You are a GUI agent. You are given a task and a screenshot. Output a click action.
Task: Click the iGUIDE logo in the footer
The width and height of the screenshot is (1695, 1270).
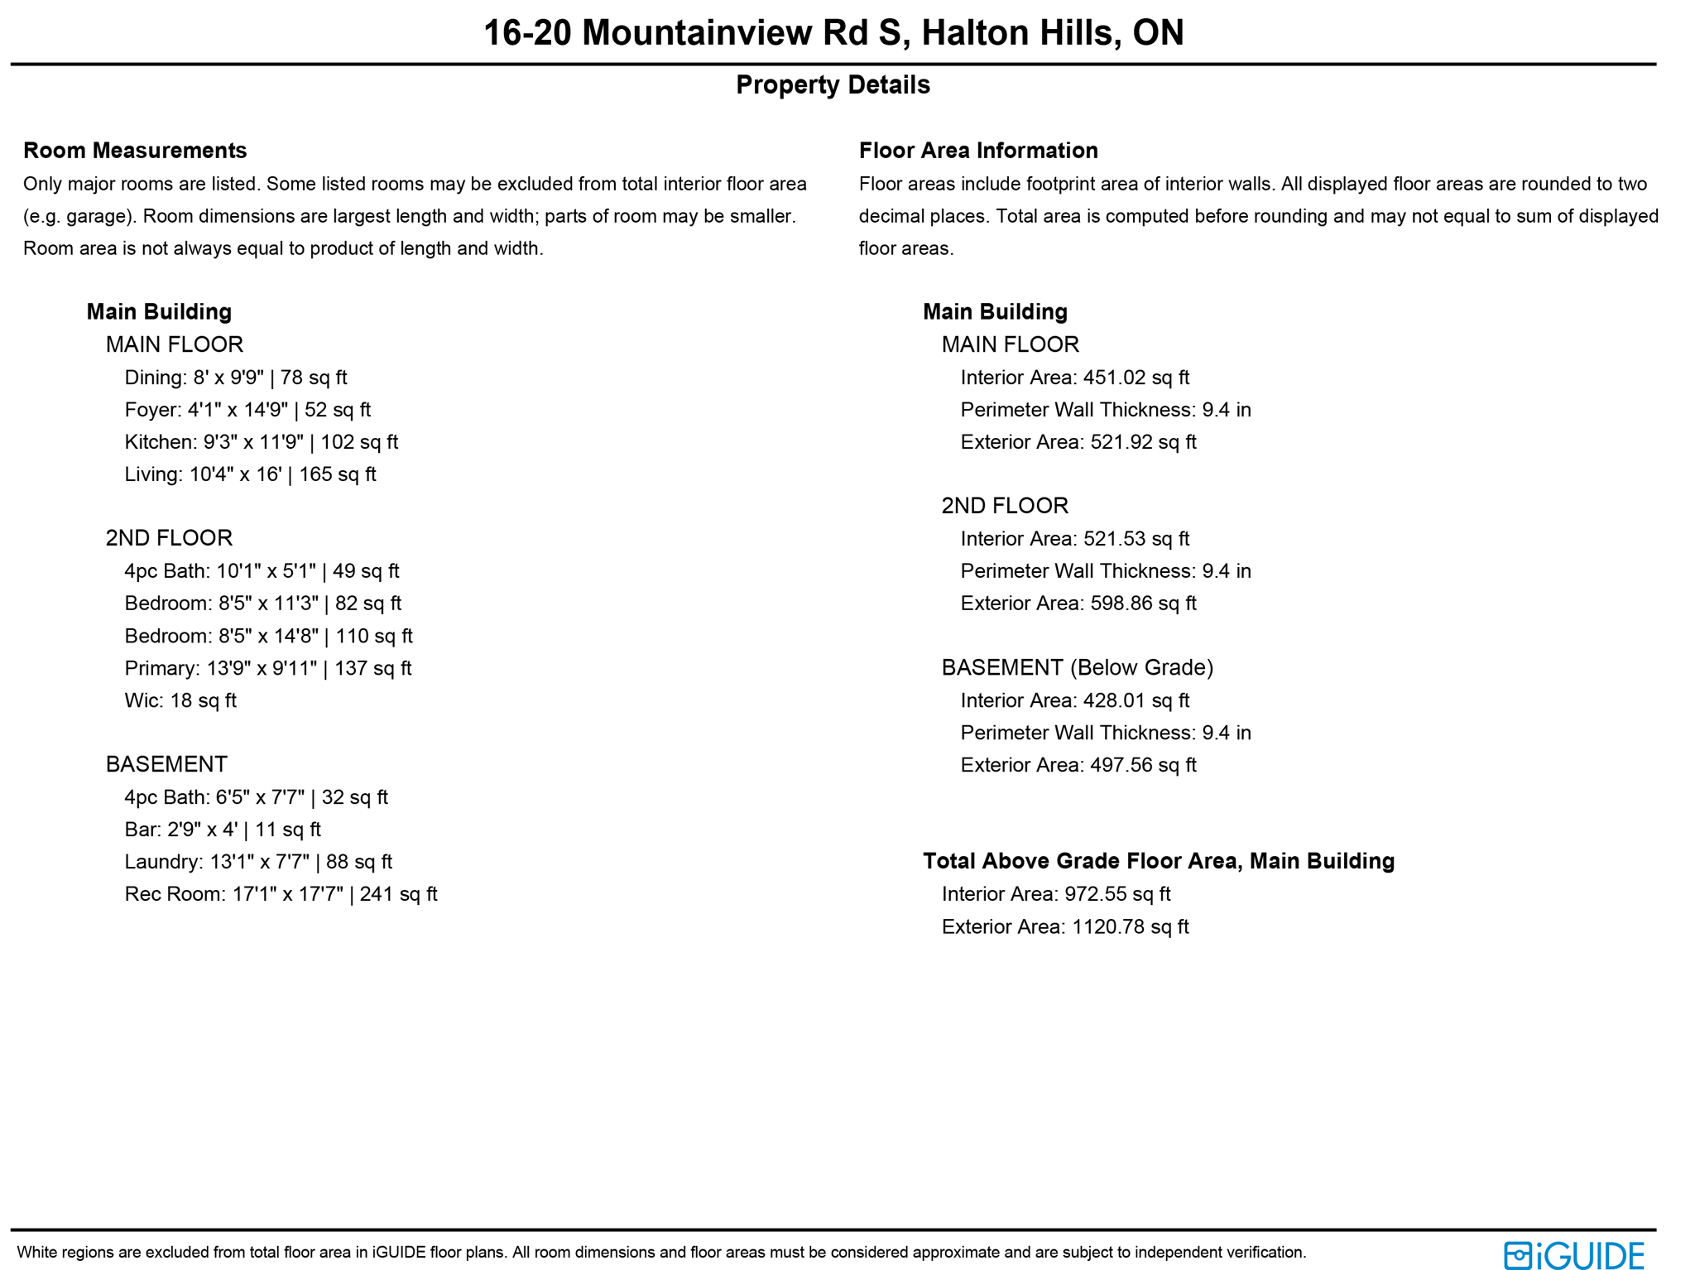tap(1573, 1255)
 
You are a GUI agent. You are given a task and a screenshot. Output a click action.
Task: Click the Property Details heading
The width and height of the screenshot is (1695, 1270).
tap(833, 84)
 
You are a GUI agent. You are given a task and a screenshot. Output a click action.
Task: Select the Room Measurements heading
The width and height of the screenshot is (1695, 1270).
tap(135, 150)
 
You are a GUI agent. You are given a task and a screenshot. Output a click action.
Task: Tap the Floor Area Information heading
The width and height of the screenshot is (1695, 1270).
tap(978, 150)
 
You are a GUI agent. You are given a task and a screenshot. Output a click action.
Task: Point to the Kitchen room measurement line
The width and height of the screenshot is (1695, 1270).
tap(261, 442)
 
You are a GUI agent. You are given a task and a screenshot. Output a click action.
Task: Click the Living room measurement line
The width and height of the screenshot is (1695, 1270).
tap(250, 474)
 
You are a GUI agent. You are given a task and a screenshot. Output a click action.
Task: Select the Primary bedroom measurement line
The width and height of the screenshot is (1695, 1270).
tap(267, 668)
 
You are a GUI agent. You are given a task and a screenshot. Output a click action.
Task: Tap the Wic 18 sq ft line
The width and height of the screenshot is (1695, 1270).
tap(180, 700)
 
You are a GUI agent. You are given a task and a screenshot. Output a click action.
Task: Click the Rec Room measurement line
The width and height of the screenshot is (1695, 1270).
tap(281, 894)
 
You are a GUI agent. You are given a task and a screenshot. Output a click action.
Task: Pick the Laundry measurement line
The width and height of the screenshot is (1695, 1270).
tap(258, 862)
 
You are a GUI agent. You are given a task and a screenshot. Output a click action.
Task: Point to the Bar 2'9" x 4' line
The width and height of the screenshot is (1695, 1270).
tap(223, 830)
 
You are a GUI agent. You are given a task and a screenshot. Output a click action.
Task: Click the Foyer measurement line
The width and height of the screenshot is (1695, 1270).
tap(247, 410)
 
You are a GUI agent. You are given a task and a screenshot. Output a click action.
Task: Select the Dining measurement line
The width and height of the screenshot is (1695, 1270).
tap(236, 378)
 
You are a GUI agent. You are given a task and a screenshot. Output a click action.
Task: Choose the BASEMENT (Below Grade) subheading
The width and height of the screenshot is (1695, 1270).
tap(1077, 667)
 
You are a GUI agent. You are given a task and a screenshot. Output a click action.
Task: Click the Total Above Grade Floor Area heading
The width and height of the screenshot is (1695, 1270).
tap(1158, 861)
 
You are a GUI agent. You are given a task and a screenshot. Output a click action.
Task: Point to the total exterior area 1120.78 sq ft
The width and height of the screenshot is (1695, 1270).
tap(1130, 926)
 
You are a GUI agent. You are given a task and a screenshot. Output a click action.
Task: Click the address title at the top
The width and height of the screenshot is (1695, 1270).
tap(833, 33)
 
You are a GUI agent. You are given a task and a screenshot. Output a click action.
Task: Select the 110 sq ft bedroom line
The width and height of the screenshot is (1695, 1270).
tap(268, 636)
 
